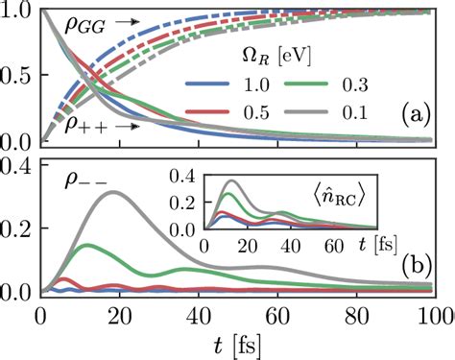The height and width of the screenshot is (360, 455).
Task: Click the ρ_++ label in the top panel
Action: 86,125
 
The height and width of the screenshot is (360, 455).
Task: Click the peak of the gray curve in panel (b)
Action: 115,192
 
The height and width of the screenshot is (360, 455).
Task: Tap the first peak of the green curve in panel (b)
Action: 87,245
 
